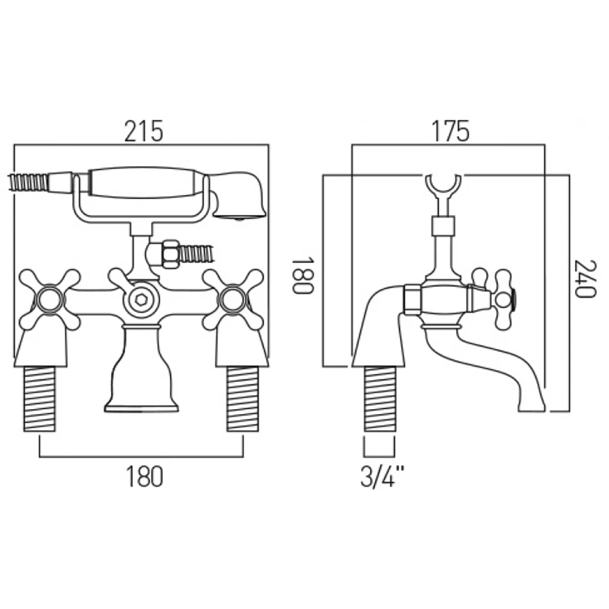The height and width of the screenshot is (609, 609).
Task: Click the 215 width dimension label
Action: tap(144, 130)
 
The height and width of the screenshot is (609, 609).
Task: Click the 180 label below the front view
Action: tap(144, 476)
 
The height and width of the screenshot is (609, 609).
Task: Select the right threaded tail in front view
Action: tap(242, 400)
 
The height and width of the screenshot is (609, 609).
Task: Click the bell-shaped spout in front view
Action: tap(141, 371)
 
